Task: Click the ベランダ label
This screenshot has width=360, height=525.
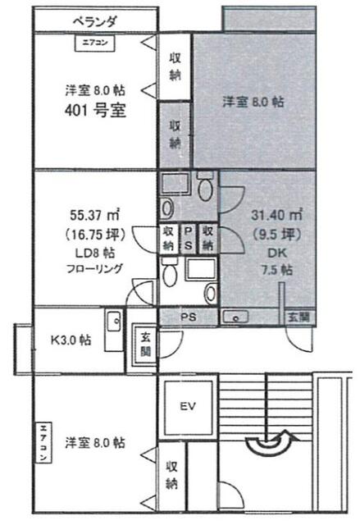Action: point(95,21)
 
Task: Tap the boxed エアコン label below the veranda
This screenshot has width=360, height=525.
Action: point(94,42)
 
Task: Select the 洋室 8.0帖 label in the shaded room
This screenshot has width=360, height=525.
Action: point(253,103)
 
